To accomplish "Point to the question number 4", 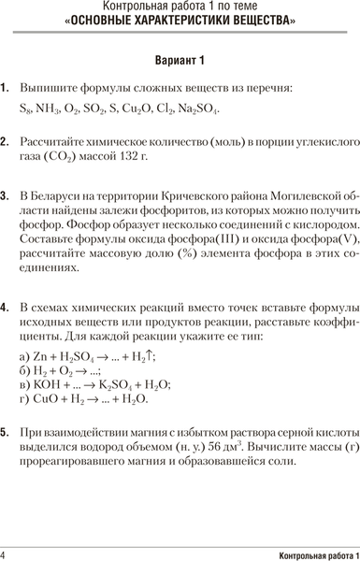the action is (x=6, y=306).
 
